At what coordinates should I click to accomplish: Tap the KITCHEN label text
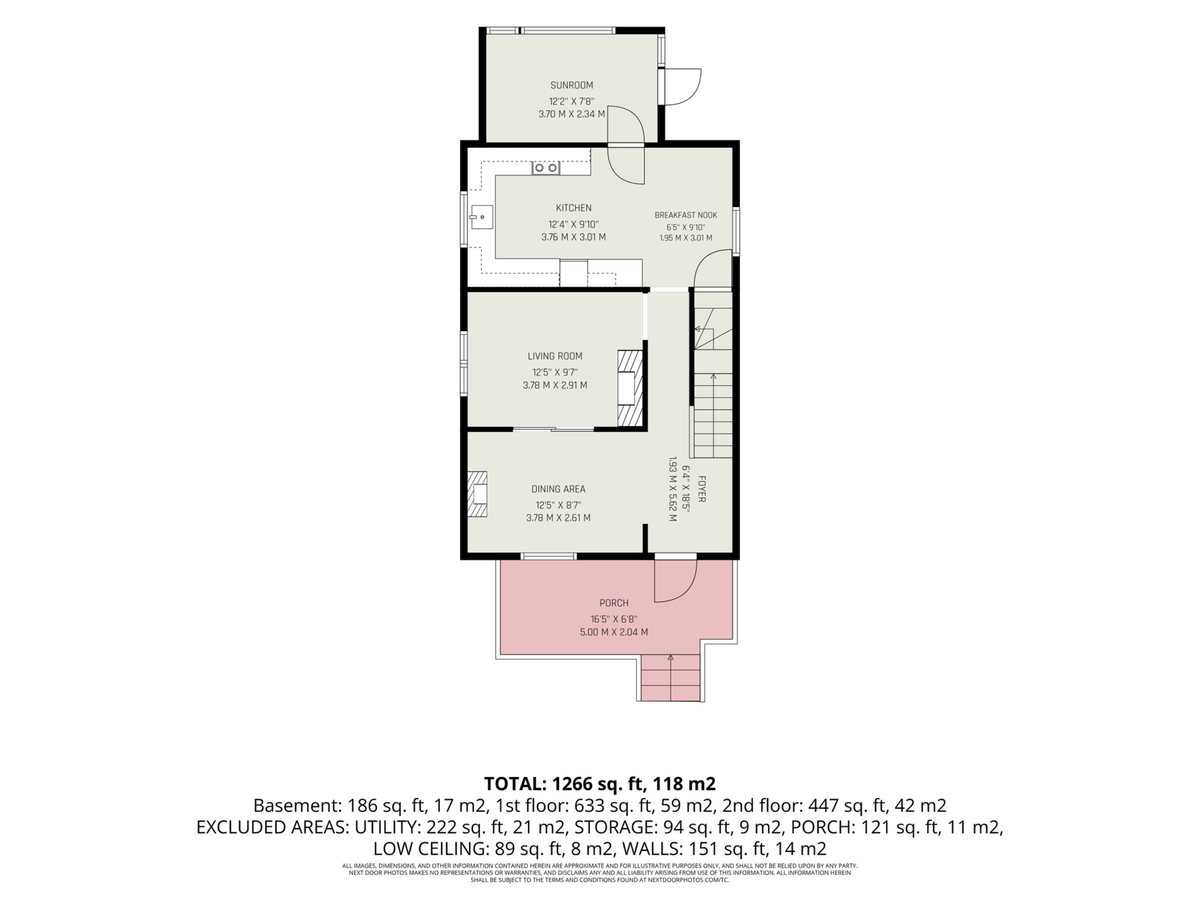(573, 208)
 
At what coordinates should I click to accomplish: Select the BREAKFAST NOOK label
(686, 215)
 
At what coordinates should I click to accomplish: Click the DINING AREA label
(558, 489)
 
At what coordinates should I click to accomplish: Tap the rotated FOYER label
(702, 489)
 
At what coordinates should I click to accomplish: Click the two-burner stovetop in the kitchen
(546, 168)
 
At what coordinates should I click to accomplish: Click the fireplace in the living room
(630, 388)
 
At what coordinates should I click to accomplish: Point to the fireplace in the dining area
(477, 494)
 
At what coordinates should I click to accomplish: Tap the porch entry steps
(671, 677)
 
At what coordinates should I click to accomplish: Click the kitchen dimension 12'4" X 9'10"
(573, 224)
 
